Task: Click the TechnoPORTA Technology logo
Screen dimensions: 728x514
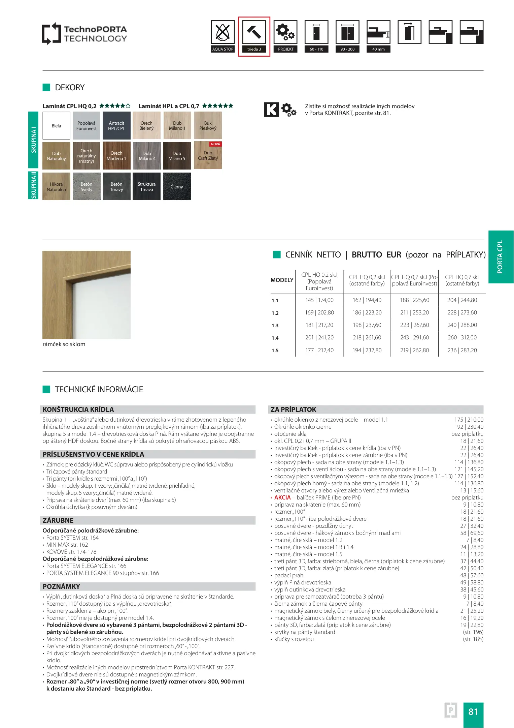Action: [84, 34]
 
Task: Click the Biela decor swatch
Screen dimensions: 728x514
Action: [56, 126]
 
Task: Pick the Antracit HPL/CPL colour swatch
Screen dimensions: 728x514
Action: [116, 126]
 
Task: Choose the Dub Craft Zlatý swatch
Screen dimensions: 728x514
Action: [208, 156]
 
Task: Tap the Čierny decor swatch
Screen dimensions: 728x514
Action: [177, 186]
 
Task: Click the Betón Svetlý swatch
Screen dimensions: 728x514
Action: [87, 186]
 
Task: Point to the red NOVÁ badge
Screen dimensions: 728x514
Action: [215, 144]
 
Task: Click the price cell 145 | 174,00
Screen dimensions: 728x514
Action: [319, 300]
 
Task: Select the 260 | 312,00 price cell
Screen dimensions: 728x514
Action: [462, 337]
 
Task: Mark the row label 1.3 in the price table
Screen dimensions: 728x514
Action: [275, 326]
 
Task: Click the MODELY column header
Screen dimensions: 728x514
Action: [282, 280]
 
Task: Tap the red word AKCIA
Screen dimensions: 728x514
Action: [282, 497]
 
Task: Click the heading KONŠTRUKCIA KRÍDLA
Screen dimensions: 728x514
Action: [78, 409]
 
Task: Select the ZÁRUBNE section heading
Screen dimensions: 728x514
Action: [58, 520]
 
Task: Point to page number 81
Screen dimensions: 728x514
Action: [473, 711]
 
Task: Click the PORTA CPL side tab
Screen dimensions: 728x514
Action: [500, 257]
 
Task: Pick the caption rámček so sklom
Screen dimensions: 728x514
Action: [64, 344]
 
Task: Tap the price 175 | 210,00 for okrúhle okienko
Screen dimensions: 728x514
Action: [469, 420]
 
